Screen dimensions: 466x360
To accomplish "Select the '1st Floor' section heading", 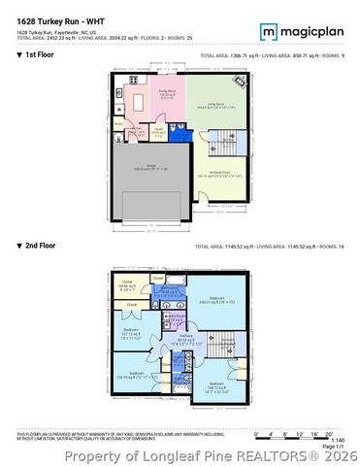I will coord(38,56).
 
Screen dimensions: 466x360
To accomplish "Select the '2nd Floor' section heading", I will coord(39,248).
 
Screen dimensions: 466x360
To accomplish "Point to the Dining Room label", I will coord(167,93).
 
